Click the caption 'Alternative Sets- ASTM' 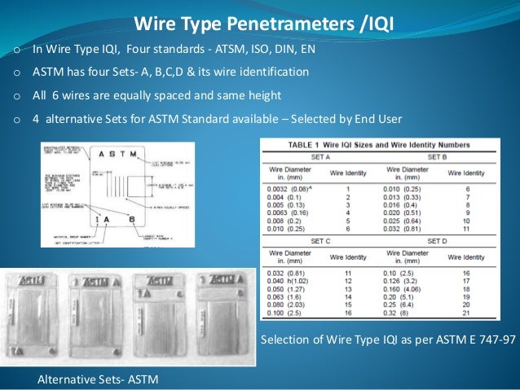coord(98,379)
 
